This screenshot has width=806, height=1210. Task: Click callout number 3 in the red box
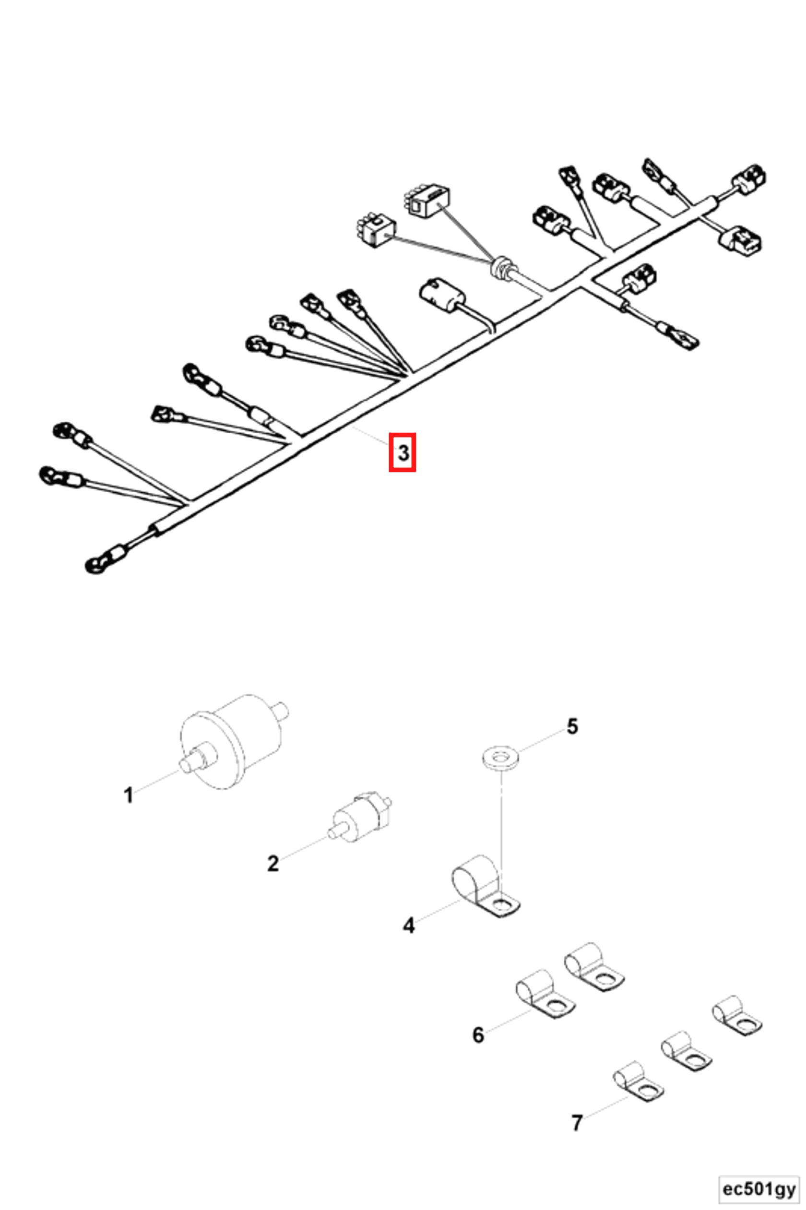[x=403, y=453]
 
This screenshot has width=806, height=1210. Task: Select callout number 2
[x=273, y=863]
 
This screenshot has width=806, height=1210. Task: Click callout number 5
[x=572, y=727]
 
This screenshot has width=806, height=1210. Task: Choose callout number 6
[x=478, y=1035]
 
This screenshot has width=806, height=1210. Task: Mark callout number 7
[x=577, y=1123]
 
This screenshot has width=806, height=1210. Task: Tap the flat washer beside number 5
[x=500, y=757]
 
